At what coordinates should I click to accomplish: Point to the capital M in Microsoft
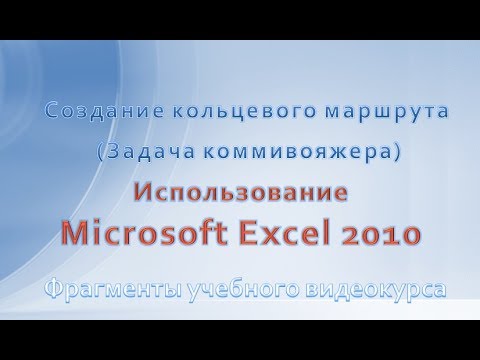[76, 235]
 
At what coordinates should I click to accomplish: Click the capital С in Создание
[51, 114]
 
